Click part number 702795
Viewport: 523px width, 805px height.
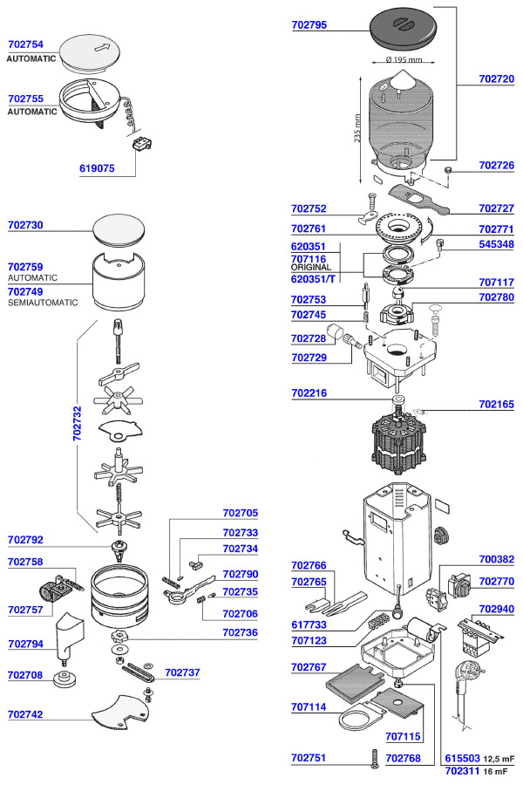[309, 25]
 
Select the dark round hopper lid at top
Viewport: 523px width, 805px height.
[404, 31]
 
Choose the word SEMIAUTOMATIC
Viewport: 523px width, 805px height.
[43, 303]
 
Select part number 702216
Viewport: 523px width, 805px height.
[309, 394]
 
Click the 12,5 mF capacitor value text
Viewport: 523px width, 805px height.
[496, 759]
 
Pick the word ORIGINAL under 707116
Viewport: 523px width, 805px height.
[310, 267]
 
